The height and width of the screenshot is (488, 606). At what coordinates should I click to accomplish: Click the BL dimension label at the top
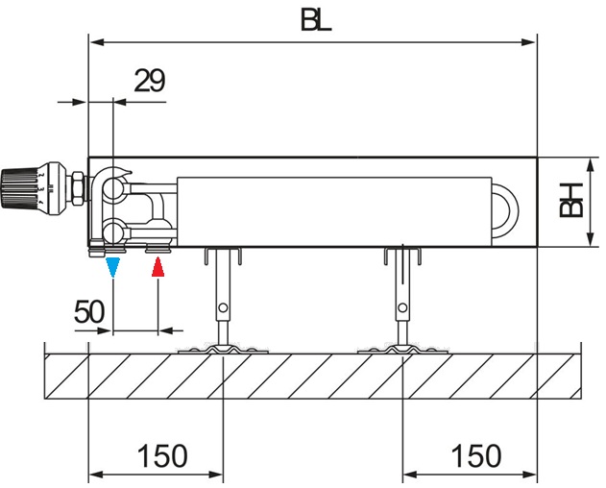[x=315, y=20]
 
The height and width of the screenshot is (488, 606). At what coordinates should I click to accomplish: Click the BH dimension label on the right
[x=572, y=200]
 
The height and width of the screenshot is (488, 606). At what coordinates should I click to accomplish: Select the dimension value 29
[x=148, y=81]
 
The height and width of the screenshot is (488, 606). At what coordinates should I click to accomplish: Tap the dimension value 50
[x=90, y=312]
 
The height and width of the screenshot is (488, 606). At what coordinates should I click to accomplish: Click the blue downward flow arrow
[x=113, y=268]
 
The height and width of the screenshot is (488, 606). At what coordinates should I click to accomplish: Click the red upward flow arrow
[x=158, y=268]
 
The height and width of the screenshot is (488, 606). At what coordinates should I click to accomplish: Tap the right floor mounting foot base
[x=401, y=349]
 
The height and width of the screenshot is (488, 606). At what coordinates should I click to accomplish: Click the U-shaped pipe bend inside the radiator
[x=506, y=205]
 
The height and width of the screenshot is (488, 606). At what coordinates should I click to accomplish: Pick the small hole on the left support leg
[x=223, y=307]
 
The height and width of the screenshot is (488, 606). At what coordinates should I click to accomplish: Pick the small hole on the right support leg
[x=401, y=307]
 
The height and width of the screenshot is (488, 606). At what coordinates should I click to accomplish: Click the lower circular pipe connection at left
[x=113, y=231]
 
